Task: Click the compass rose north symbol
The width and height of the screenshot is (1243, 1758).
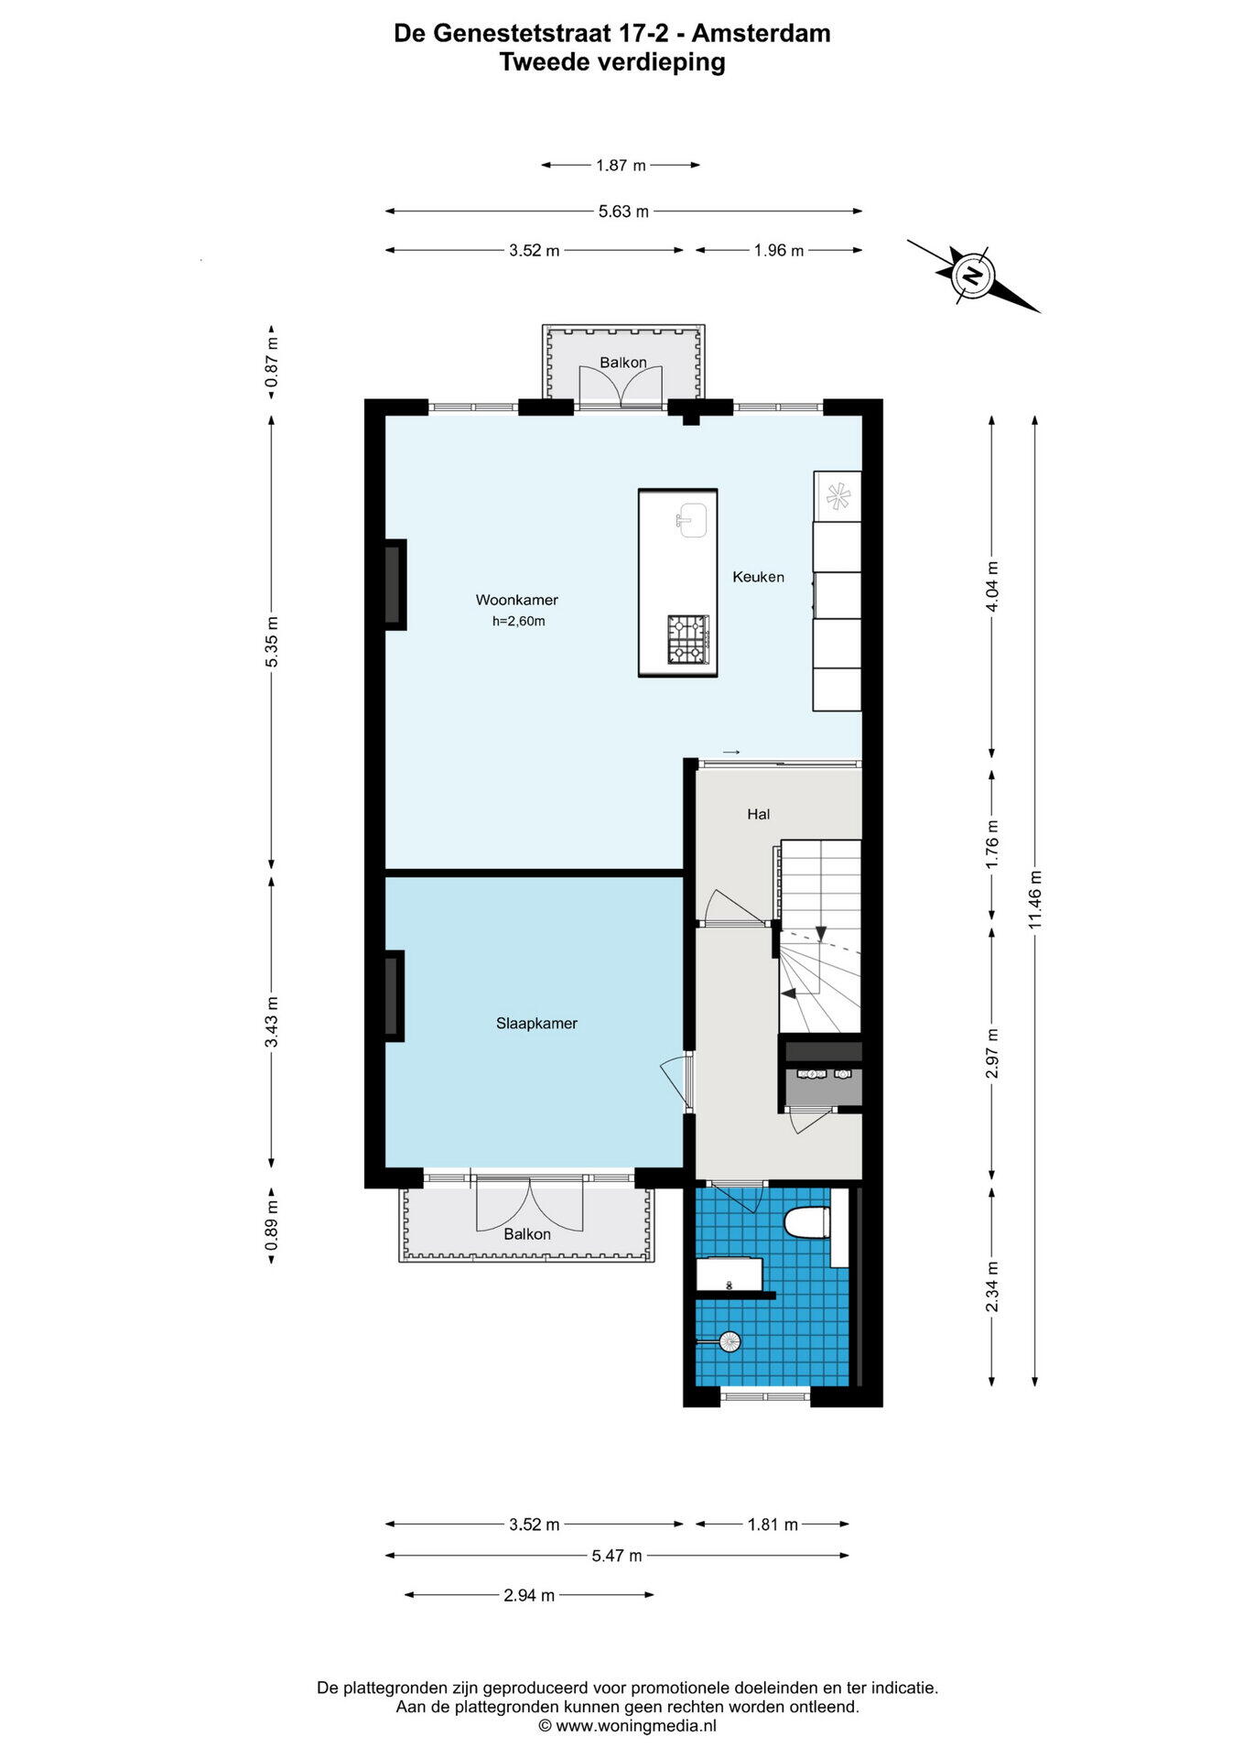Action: coord(972,274)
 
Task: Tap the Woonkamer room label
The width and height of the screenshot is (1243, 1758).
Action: coord(516,600)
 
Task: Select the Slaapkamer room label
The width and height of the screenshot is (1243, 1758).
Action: coord(536,1023)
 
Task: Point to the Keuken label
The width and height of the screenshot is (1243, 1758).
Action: coord(758,577)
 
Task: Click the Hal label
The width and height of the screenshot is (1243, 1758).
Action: coord(758,814)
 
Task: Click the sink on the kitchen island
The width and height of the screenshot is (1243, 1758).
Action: coord(691,520)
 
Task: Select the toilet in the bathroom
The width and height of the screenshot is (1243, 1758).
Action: coord(808,1221)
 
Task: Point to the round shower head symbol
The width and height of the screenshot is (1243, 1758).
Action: coord(730,1341)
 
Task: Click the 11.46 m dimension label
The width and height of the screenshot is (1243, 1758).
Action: coord(1035,899)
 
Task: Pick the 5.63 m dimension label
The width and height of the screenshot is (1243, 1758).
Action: coord(623,212)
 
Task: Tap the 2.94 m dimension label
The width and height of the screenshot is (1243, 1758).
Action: coord(529,1595)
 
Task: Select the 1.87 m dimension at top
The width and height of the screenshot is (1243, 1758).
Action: coord(621,165)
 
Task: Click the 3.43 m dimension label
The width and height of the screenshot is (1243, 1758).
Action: coord(271,1022)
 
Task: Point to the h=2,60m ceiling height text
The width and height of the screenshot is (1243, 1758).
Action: coord(518,621)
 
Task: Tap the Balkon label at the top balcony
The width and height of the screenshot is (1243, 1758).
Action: coord(623,363)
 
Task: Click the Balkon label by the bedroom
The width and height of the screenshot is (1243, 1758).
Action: coord(527,1234)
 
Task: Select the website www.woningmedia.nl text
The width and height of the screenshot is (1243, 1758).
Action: coord(627,1726)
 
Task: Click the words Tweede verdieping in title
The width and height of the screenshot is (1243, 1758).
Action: coord(612,62)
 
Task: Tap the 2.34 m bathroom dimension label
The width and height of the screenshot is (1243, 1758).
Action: coord(992,1286)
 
